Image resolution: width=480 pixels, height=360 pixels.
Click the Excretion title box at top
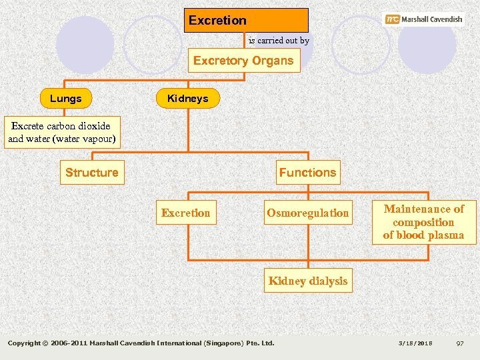click(246, 20)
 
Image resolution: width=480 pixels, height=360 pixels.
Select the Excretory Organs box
click(243, 61)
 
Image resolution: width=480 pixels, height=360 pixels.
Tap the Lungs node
click(66, 99)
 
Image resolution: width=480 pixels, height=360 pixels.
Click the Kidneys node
click(187, 99)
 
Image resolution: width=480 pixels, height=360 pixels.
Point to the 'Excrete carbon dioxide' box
click(61, 133)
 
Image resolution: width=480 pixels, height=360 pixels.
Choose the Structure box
click(92, 173)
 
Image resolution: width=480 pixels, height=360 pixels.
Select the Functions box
click(308, 173)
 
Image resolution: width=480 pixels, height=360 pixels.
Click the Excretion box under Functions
click(185, 213)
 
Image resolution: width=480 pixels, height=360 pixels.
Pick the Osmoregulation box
click(308, 213)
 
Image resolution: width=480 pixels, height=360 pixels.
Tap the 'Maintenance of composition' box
click(423, 222)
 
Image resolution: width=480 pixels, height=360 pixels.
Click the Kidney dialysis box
click(308, 281)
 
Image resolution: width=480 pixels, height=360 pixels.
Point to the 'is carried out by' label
click(279, 41)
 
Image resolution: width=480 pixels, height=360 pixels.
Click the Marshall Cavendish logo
click(424, 19)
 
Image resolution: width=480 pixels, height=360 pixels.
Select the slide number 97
click(459, 343)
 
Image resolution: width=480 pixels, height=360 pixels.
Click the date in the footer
click(415, 343)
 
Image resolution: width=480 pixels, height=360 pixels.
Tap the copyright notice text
click(141, 343)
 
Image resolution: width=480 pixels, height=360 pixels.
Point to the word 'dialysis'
click(327, 281)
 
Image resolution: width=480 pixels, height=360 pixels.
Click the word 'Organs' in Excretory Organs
click(272, 61)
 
